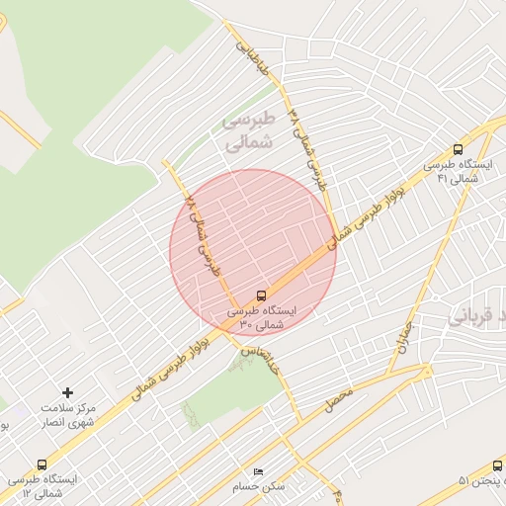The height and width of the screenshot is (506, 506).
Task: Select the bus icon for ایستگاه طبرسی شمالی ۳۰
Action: point(261,295)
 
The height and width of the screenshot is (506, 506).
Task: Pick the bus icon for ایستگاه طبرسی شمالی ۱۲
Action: point(41,464)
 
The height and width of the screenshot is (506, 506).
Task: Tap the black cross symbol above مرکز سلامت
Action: point(68,393)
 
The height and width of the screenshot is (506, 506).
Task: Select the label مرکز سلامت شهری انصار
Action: point(67,415)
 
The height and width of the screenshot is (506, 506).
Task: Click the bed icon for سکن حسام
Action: point(259,472)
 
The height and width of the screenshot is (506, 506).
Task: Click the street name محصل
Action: point(339,400)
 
